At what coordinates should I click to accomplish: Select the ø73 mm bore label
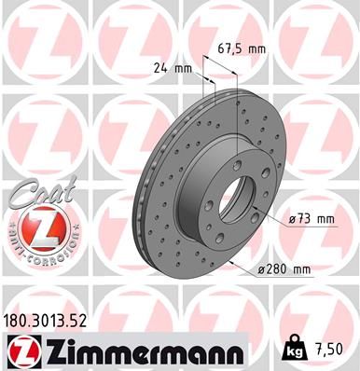[x=310, y=219]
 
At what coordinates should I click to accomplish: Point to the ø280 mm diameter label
[x=285, y=269]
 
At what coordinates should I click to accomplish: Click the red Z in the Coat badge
[x=31, y=227]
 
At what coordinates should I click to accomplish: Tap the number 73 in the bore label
[x=307, y=219]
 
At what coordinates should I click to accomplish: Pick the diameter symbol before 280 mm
[x=262, y=269]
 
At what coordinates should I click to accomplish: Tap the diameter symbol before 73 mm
[x=293, y=219]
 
